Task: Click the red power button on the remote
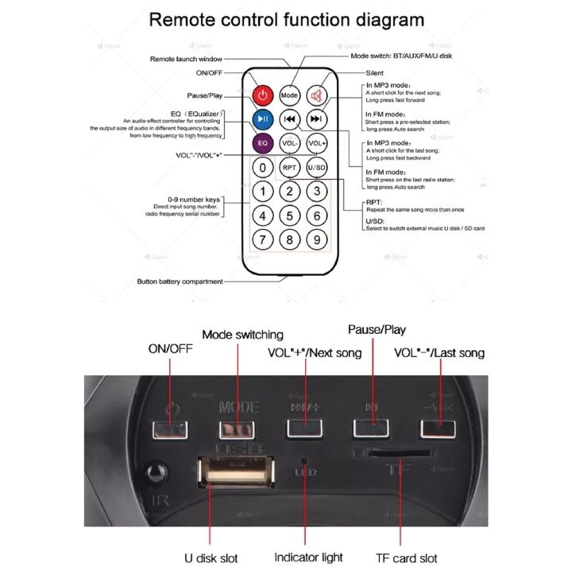263,95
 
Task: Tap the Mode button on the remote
290,95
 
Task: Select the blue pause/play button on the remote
263,119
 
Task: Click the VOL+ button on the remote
317,143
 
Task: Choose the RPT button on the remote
290,168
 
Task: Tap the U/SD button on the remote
317,168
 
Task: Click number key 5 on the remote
290,216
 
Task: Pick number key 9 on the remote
317,239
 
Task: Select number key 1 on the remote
263,192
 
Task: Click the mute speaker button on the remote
317,95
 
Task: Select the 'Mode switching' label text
242,335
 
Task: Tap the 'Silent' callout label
374,72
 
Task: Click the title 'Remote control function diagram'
286,19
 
